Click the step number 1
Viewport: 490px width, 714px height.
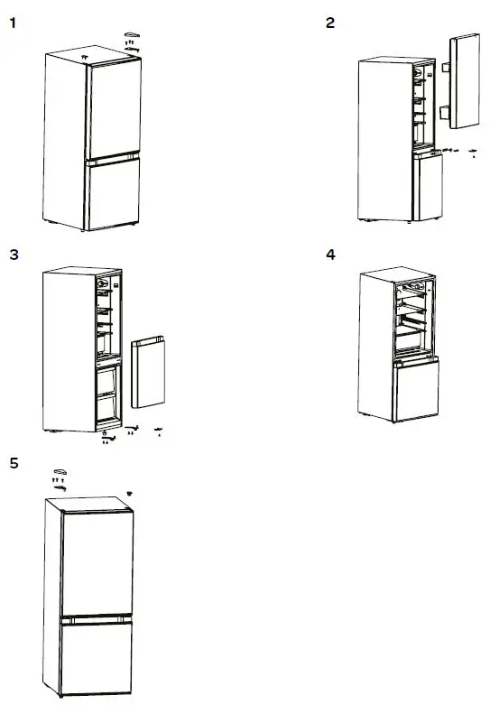[13, 23]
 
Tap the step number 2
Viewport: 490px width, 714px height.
[330, 23]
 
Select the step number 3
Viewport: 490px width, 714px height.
[14, 255]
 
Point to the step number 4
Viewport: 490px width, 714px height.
[330, 255]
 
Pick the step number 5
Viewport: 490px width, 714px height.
[14, 463]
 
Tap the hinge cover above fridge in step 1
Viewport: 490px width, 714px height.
[132, 33]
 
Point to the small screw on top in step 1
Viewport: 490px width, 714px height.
[84, 55]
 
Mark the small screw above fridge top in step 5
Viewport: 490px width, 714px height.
[130, 493]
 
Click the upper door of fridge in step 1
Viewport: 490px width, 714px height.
[113, 109]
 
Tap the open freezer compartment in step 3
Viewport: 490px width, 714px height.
[107, 394]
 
